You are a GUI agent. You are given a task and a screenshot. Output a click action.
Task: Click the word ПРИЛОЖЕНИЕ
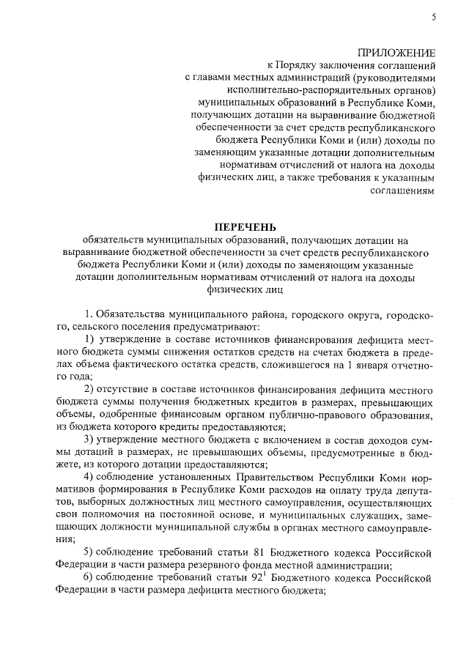pyautogui.click(x=396, y=53)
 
